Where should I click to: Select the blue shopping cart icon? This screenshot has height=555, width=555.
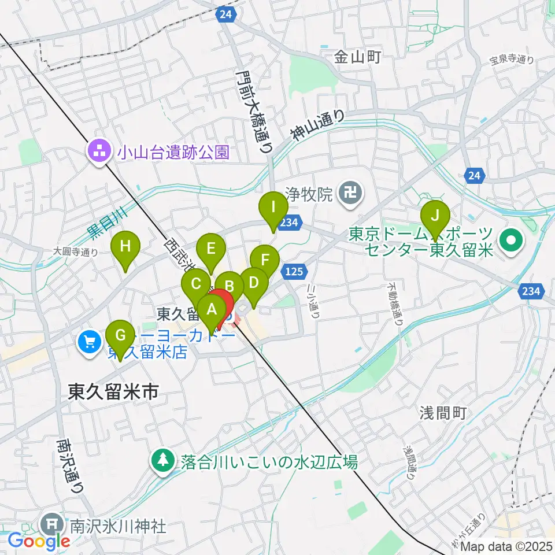coord(89,342)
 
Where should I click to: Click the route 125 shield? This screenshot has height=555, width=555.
coord(293,271)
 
